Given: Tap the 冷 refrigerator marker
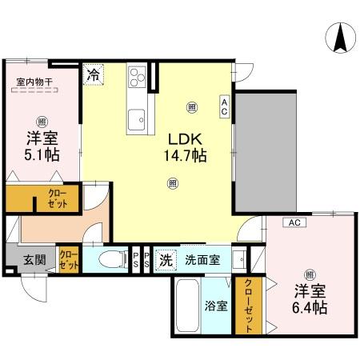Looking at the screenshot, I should click(x=94, y=75).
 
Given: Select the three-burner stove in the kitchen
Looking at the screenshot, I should click(x=137, y=78).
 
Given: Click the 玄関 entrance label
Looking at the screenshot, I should click(x=34, y=259).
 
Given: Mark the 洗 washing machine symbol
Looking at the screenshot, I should click(x=166, y=259).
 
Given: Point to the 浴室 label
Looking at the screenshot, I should click(x=215, y=305).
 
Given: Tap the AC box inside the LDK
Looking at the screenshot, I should click(x=225, y=106).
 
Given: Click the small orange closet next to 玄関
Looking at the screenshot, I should click(x=69, y=258).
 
